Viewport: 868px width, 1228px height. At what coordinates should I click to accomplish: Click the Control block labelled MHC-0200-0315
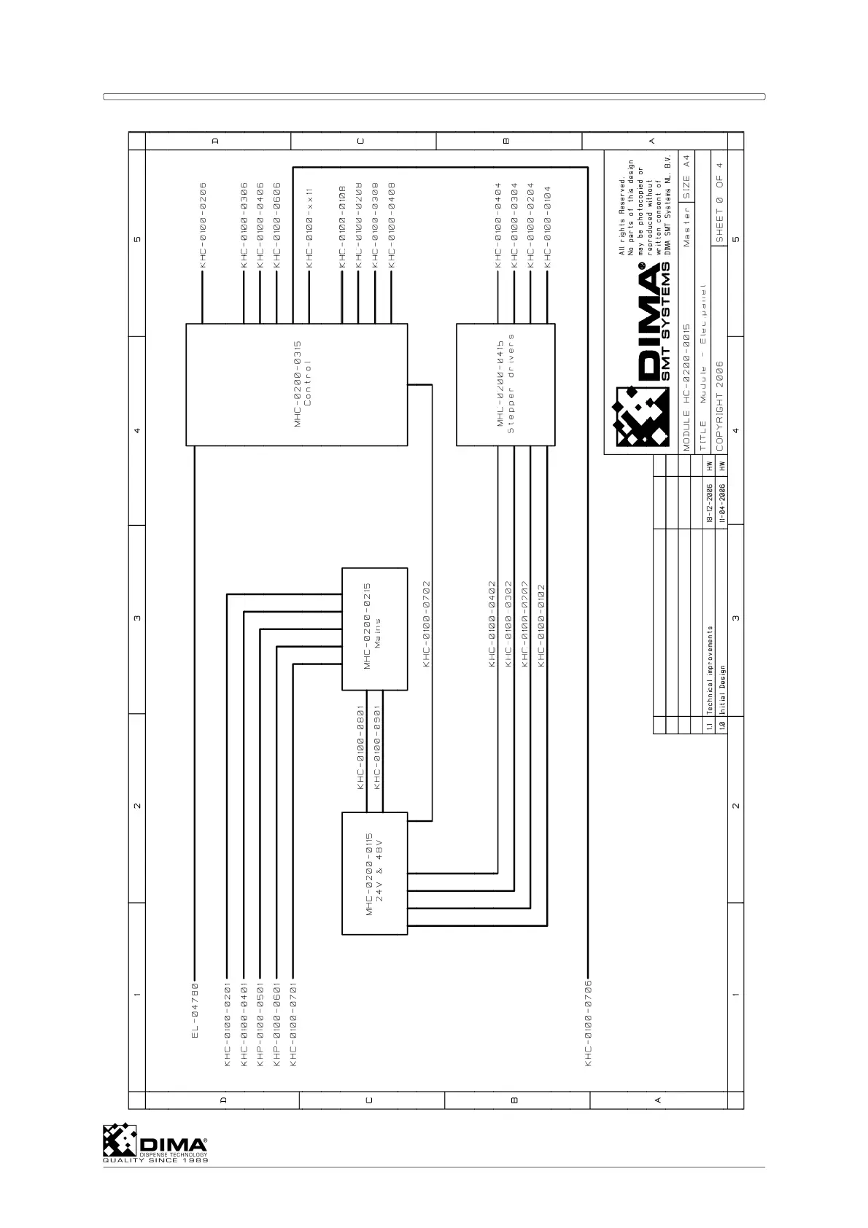[x=296, y=384]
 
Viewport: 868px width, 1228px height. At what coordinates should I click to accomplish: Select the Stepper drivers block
[x=505, y=384]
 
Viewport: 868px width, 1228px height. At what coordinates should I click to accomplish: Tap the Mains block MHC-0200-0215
[x=374, y=629]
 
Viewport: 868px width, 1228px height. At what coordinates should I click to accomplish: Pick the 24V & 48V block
[x=374, y=873]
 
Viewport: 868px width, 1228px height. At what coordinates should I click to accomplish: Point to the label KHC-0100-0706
[x=588, y=1023]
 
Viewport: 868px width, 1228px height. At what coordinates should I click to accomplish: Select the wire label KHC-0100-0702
[x=427, y=623]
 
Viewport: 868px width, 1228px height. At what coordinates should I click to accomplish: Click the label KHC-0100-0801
[x=360, y=747]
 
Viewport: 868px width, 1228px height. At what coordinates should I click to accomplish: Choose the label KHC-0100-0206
[x=204, y=225]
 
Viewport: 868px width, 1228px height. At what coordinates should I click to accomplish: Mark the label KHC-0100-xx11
[x=309, y=228]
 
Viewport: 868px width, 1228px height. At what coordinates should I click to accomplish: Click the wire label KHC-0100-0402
[x=492, y=623]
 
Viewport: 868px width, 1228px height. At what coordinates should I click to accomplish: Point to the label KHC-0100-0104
[x=547, y=228]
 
